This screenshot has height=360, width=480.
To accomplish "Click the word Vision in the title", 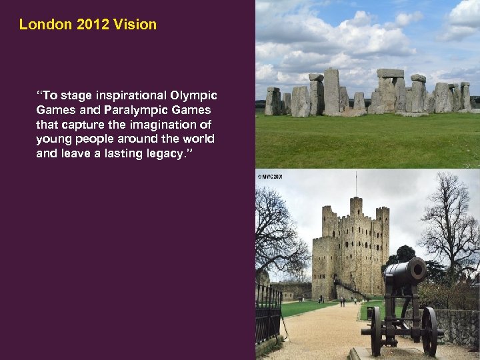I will tap(135, 25).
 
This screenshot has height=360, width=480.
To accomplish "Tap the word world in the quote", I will tap(197, 139).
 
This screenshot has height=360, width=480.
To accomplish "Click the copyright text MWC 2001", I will tap(270, 176).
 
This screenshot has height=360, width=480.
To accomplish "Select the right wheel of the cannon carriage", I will tap(429, 331).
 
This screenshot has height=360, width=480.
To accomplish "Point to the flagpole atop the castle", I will tap(356, 183).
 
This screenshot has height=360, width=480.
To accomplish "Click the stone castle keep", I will tap(352, 247).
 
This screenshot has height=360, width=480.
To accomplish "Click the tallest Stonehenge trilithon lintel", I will tap(390, 73).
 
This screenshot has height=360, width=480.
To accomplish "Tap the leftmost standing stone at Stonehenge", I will tap(273, 101).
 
